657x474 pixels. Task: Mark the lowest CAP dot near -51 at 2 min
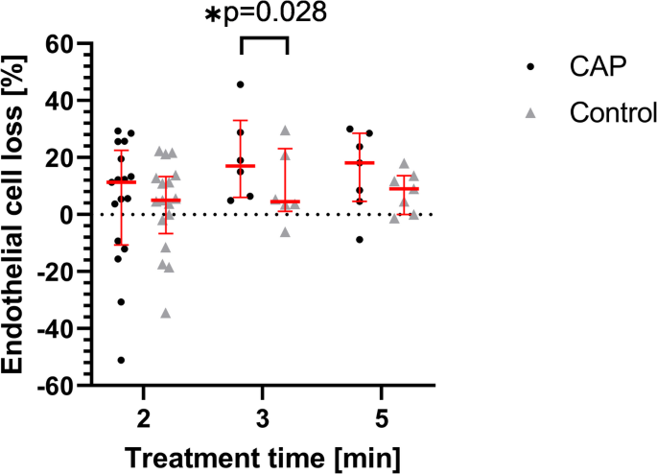122,360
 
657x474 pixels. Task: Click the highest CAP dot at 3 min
241,85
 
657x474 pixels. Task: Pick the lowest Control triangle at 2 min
166,313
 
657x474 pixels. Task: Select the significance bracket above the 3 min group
263,40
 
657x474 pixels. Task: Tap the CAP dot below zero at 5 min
360,239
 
